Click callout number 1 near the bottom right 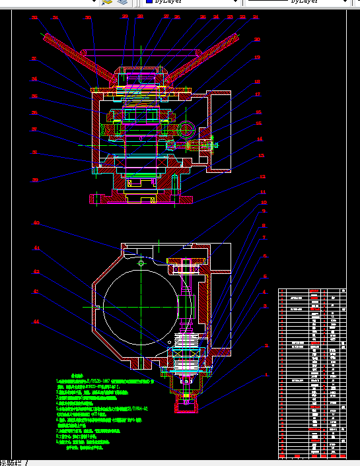tap(267, 375)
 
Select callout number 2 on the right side tap(267, 345)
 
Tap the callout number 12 tap(262, 177)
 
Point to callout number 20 tap(257, 40)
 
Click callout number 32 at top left tap(34, 18)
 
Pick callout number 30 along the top tap(88, 18)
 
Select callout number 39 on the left tap(35, 180)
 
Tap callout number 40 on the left tap(37, 223)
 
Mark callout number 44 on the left tap(37, 321)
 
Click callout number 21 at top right tap(256, 17)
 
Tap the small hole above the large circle tap(141, 263)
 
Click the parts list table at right tap(312, 373)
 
